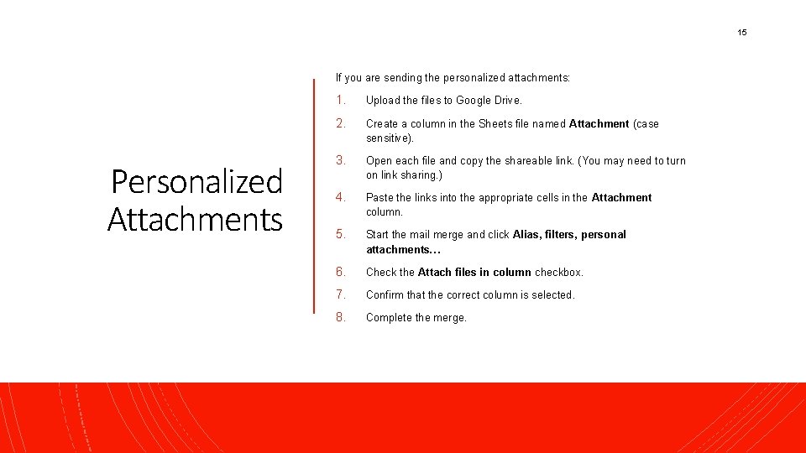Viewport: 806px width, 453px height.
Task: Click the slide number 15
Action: pos(741,32)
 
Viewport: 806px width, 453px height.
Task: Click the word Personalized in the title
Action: pos(196,181)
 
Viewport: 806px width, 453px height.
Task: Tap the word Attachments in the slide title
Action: pos(195,219)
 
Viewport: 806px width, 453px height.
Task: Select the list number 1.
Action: pos(340,100)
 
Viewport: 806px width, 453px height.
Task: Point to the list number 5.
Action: pos(340,234)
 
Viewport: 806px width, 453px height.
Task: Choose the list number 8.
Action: pos(340,317)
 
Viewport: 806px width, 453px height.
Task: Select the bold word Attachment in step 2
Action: pos(599,123)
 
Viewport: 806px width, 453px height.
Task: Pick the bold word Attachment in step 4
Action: pos(621,197)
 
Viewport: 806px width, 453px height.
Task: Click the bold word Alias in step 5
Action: pos(526,234)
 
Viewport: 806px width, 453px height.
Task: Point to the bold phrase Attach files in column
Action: pos(474,272)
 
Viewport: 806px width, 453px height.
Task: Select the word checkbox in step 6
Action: pos(558,272)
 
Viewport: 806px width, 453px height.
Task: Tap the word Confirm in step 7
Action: pos(385,294)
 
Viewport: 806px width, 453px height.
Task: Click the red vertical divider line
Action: pos(313,210)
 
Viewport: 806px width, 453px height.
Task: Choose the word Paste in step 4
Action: pos(379,197)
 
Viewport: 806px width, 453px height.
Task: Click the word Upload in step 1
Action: pos(383,100)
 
